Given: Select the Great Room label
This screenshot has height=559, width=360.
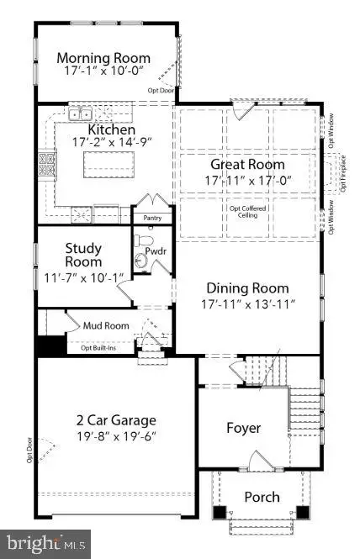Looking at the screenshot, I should [247, 165].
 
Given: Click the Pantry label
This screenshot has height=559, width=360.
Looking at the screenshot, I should [152, 218].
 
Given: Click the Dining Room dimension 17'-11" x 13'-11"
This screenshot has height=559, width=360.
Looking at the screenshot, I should [247, 303].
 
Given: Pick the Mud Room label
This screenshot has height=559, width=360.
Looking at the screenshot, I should [105, 325].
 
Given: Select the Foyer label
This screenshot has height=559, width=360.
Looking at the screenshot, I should [244, 428].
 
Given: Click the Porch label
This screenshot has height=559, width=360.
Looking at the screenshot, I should [262, 497].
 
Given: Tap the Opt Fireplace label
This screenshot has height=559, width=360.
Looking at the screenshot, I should [342, 173].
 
